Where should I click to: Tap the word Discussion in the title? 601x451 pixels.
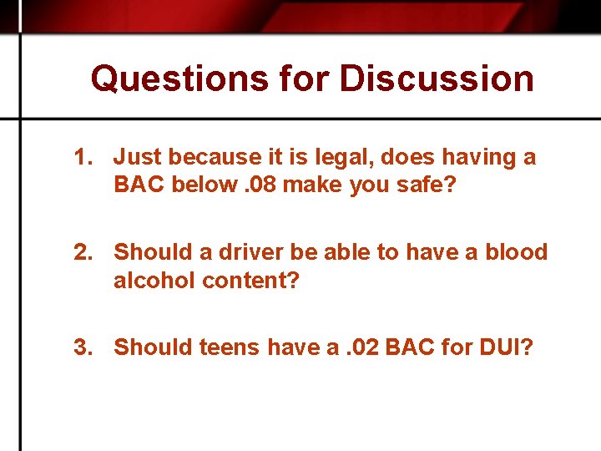437,79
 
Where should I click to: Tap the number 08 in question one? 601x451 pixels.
260,185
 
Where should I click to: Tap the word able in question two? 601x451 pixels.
345,252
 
